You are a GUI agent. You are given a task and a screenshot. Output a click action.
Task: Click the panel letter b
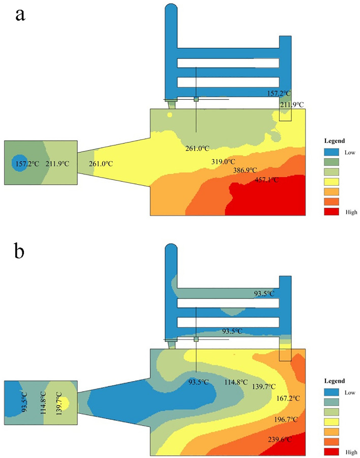21,251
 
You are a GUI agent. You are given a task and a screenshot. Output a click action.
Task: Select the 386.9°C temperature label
245,170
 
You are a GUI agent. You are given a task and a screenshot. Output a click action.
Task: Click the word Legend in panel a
334,140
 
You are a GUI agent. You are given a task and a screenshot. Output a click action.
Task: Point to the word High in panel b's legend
351,452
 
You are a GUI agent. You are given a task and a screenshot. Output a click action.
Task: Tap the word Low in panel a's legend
350,152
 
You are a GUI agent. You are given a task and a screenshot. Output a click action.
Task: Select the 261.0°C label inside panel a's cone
101,164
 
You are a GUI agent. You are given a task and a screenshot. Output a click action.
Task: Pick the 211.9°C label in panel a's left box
57,164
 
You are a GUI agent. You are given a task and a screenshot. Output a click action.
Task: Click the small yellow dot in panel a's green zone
170,114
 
